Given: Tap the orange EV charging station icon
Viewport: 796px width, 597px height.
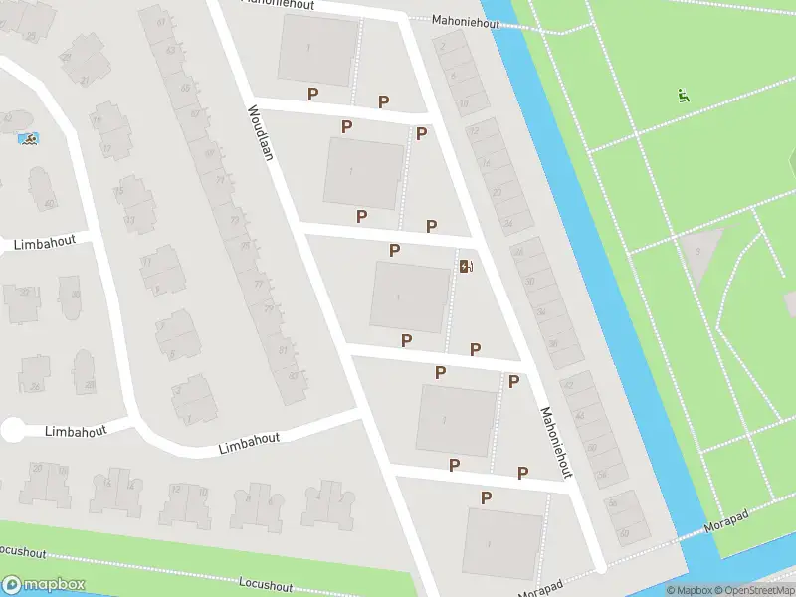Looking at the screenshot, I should (465, 266).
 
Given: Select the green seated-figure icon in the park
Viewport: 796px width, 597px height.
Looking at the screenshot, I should (683, 97).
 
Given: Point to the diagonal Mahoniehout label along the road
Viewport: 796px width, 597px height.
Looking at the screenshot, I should (557, 442).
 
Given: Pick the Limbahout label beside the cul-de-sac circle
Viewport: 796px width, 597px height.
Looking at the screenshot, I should (74, 430).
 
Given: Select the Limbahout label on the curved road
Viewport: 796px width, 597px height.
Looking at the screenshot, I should (249, 444).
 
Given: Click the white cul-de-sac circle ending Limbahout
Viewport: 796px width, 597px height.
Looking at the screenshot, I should (13, 430).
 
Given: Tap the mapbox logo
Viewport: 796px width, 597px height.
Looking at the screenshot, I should (44, 584).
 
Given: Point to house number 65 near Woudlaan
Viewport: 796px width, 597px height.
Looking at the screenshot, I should (184, 88).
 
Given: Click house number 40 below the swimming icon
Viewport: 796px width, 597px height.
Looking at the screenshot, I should (48, 205).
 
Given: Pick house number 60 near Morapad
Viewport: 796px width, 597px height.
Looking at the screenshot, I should (624, 534).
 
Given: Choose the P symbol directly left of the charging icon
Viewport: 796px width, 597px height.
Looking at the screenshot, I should (395, 250).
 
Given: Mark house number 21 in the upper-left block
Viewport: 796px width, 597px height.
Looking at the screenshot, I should (84, 81).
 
